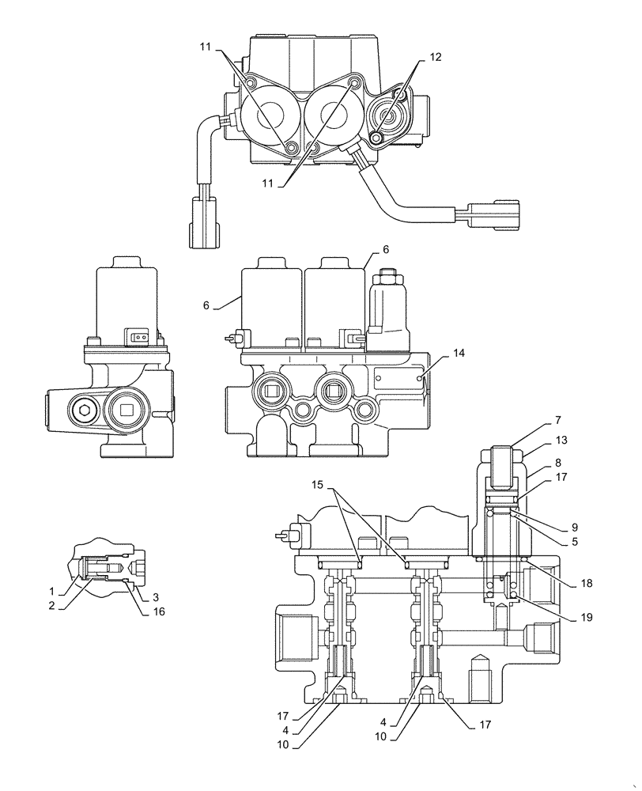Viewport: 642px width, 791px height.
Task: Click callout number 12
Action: point(436,57)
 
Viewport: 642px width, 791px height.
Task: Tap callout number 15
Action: point(317,482)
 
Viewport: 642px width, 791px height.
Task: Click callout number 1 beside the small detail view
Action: point(52,591)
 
